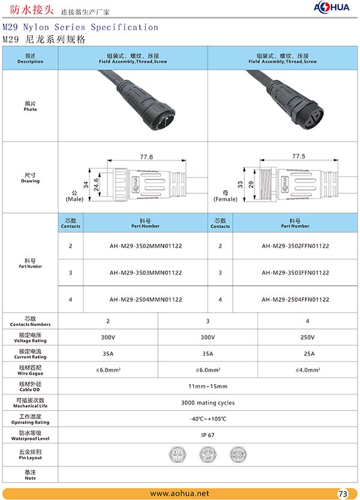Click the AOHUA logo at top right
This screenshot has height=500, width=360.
(x=332, y=8)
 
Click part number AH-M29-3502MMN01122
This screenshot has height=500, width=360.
(x=146, y=246)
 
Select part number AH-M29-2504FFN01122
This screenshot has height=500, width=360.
(x=295, y=300)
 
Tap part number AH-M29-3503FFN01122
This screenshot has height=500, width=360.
(x=295, y=273)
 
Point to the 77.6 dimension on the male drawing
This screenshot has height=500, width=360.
(x=146, y=157)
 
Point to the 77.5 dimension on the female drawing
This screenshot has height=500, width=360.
(x=298, y=156)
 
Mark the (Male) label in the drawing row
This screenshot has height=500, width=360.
(x=74, y=199)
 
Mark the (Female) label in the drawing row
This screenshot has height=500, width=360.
(x=226, y=199)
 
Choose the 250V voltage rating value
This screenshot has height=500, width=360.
(x=307, y=337)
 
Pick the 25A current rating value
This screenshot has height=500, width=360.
(x=307, y=354)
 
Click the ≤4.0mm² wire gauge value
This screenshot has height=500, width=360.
(x=307, y=370)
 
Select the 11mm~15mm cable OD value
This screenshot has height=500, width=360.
(x=208, y=386)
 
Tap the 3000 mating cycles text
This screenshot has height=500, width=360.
(x=208, y=403)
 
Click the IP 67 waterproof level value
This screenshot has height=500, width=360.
(x=208, y=435)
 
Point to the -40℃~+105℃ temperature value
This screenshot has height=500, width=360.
(x=208, y=419)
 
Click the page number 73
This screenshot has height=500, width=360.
(x=343, y=494)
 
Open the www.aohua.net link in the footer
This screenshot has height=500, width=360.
(x=179, y=493)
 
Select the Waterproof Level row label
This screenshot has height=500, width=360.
(x=30, y=435)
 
